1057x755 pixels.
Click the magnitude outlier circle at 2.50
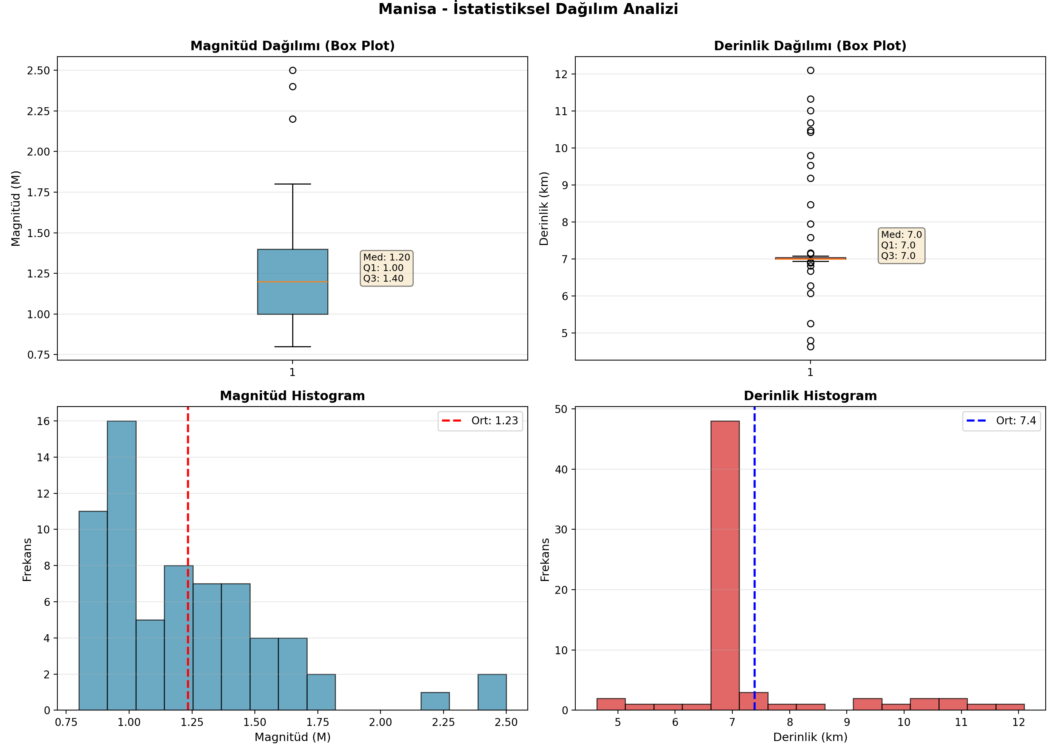292,70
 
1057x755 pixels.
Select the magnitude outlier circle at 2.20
292,119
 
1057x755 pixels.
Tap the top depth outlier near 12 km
810,70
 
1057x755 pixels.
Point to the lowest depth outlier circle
810,347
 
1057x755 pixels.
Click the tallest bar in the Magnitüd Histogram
122,565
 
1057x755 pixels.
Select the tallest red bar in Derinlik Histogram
725,565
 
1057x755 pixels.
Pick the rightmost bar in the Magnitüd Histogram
492,692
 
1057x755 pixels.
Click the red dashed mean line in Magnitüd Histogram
188,558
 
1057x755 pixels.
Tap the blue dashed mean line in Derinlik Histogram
754,558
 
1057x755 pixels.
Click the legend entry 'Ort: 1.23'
480,421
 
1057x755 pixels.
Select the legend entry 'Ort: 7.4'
1001,421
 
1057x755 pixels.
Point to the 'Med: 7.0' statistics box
901,245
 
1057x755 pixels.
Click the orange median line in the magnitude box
292,282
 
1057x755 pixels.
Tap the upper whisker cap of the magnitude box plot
292,184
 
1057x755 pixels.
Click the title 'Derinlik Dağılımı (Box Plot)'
810,46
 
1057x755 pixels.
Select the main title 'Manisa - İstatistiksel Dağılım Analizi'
528,9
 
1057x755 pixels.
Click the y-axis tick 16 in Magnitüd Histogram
43,421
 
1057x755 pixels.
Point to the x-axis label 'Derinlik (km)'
810,737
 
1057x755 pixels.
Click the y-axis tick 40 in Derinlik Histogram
561,469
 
